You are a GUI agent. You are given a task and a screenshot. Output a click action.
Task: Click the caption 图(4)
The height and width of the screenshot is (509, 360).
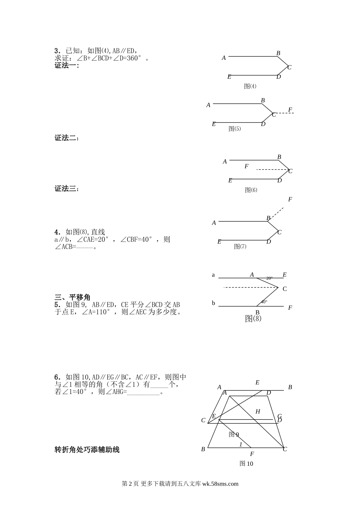(x=250, y=86)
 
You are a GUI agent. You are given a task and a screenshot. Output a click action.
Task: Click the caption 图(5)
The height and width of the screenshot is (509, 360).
(x=235, y=129)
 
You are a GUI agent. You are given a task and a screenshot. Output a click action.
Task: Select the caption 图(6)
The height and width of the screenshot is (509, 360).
(x=251, y=190)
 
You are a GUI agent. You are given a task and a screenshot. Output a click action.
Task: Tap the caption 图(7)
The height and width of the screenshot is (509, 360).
(x=240, y=247)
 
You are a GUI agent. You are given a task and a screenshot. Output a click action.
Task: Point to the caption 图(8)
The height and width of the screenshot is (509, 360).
(x=253, y=319)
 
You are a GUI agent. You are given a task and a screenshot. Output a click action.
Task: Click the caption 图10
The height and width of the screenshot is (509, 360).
(x=246, y=464)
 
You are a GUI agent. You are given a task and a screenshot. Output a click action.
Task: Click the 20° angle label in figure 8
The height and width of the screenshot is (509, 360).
(x=269, y=278)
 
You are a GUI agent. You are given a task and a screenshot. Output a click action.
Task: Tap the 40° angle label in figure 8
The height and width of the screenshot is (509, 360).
(x=264, y=302)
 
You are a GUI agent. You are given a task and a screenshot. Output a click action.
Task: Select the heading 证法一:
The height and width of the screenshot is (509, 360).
(x=67, y=66)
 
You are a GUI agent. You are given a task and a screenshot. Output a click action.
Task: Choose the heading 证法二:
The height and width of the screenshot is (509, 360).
(x=67, y=138)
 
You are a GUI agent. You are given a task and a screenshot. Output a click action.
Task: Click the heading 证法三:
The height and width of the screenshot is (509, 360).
(x=67, y=189)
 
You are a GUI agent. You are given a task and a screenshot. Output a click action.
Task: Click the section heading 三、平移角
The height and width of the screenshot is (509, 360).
(x=72, y=297)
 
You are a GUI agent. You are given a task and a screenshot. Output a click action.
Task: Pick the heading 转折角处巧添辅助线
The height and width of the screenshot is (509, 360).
(x=87, y=450)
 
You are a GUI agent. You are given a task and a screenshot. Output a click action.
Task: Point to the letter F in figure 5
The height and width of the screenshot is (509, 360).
(x=290, y=110)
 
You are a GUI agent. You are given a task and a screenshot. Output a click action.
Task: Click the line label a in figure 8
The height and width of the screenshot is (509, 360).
(x=213, y=275)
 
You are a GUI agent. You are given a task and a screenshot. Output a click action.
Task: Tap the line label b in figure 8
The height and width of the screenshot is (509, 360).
(x=213, y=303)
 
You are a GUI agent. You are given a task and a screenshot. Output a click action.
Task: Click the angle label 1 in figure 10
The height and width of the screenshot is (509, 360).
(x=241, y=445)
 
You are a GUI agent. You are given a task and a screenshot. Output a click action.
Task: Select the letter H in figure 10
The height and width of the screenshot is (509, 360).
(x=258, y=412)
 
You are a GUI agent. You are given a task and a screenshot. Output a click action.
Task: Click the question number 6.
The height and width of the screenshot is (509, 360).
(x=57, y=377)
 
